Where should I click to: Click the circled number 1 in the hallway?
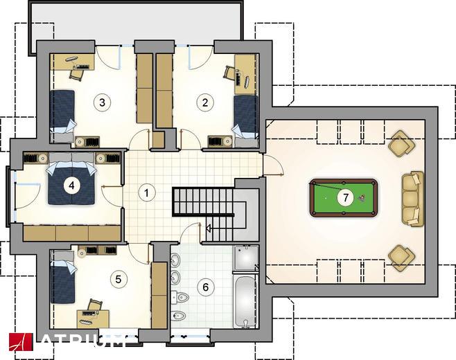coord(147,193)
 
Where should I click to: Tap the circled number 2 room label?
coord(205,102)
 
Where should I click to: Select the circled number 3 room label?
coord(102,102)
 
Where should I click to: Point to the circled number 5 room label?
coord(118,280)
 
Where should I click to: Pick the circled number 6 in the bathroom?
coord(206,287)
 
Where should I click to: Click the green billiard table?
coord(344,198)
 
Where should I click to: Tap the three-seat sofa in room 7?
coord(412,198)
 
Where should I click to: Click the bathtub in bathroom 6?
coord(246,301)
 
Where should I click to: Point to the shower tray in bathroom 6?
coord(246,258)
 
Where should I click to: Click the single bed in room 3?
coord(62,116)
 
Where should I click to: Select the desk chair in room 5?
coord(95,305)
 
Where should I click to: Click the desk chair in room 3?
coord(77,74)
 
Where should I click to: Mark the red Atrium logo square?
coord(21,342)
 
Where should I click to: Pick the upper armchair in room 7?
coord(402,144)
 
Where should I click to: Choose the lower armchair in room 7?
coord(402,258)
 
